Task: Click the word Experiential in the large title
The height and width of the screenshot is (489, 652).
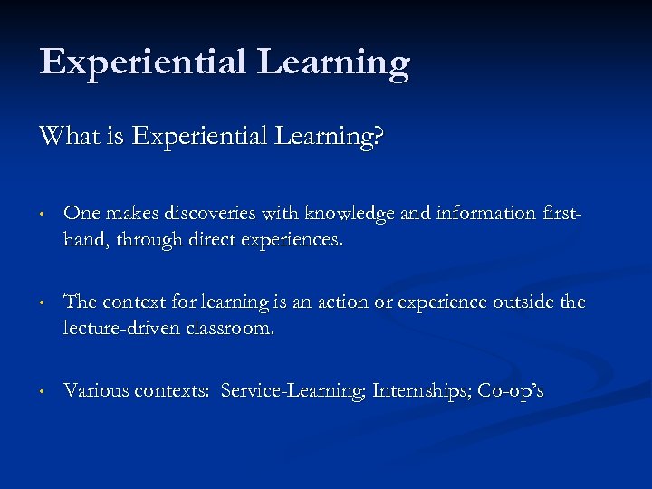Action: tap(143, 62)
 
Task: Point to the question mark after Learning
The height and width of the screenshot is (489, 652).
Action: tap(379, 137)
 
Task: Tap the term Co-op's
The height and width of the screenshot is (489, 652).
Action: tap(512, 391)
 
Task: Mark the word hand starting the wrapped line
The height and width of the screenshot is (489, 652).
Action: tap(82, 241)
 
